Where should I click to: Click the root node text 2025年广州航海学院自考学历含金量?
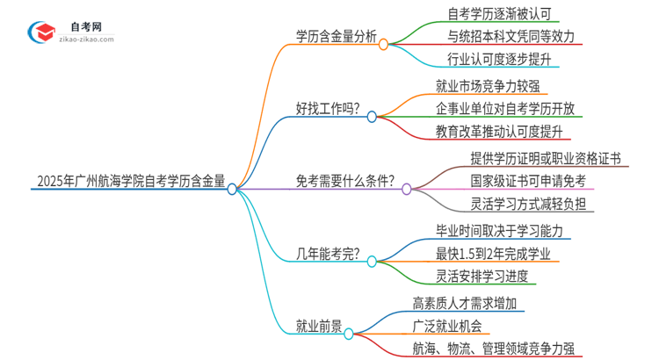coord(131,183)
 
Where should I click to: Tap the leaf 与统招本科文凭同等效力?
coord(501,37)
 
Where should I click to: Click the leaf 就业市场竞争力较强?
coord(487,86)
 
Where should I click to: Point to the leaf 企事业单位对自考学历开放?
coord(505,109)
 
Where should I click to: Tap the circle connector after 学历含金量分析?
coord(384,43)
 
